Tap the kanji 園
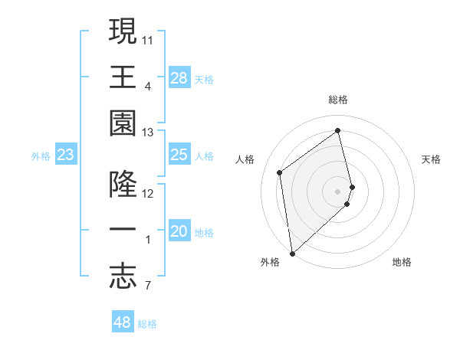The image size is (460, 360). [123, 122]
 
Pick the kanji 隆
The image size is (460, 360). [123, 185]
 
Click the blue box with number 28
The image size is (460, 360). [179, 77]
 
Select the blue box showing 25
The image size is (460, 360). [179, 155]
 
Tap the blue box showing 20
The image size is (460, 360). [179, 231]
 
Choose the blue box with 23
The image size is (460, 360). [66, 155]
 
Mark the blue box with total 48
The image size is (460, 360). [123, 322]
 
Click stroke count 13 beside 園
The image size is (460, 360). [148, 133]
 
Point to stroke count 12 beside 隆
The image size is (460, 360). [148, 194]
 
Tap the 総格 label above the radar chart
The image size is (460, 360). [338, 100]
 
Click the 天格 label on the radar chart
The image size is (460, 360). [431, 159]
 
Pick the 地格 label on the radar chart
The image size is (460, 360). [402, 262]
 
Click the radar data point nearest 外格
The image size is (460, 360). [292, 253]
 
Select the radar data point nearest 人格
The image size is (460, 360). [280, 172]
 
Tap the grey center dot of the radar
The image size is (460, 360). [338, 191]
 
